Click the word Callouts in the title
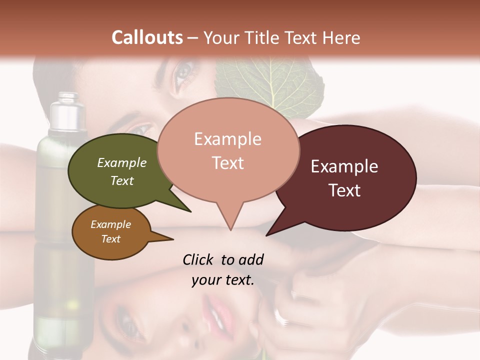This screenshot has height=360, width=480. coord(147,37)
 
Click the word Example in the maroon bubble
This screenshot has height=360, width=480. coord(344,166)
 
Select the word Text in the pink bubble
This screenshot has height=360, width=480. coord(228,163)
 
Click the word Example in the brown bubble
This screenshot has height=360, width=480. coord(110,224)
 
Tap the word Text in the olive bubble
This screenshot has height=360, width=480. coord(122,180)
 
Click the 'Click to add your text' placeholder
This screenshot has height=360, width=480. coord(223,269)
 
